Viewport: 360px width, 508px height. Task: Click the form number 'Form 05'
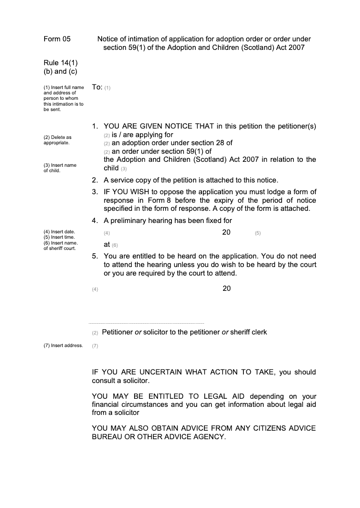57,39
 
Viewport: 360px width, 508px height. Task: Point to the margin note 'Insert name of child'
60,168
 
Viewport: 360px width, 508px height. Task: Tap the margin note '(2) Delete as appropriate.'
57,140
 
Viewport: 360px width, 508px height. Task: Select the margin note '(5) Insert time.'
59,237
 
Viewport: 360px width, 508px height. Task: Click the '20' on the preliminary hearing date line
226,232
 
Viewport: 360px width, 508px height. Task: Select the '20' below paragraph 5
226,289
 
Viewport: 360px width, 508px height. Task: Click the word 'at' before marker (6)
107,245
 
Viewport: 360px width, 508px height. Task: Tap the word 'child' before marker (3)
111,168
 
